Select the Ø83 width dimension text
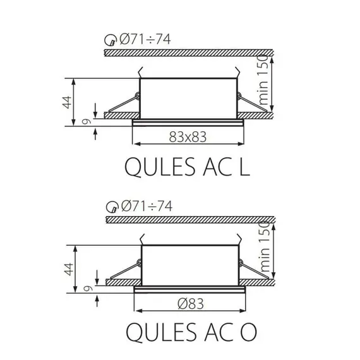coord(189,303)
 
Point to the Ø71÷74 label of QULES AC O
coord(145,205)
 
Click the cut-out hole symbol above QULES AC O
coord(111,207)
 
